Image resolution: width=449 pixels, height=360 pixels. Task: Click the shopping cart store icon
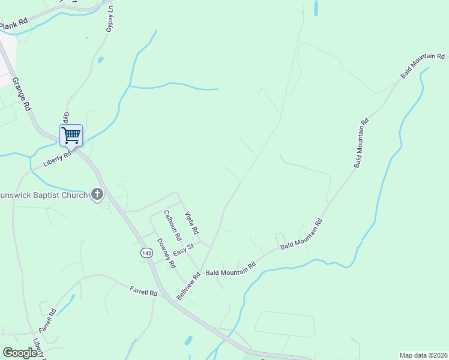(x=71, y=135)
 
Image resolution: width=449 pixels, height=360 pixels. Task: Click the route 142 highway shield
(x=146, y=253)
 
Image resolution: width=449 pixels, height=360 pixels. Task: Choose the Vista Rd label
(x=191, y=223)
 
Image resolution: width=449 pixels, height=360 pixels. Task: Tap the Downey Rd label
(x=166, y=253)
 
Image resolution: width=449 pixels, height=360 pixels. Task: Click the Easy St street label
(x=184, y=249)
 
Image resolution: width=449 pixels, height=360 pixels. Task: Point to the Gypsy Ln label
(x=110, y=21)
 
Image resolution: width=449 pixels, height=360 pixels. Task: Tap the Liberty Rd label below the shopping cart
(x=58, y=159)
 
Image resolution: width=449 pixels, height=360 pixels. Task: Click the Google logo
(x=20, y=353)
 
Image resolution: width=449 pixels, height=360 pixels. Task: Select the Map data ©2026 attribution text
(x=423, y=355)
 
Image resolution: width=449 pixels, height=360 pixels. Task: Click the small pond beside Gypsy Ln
(x=100, y=59)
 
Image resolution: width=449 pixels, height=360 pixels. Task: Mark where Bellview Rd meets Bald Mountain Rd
(x=200, y=269)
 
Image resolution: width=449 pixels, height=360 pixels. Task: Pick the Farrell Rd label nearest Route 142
(x=143, y=292)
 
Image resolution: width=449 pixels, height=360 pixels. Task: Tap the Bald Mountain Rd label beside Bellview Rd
(x=231, y=268)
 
